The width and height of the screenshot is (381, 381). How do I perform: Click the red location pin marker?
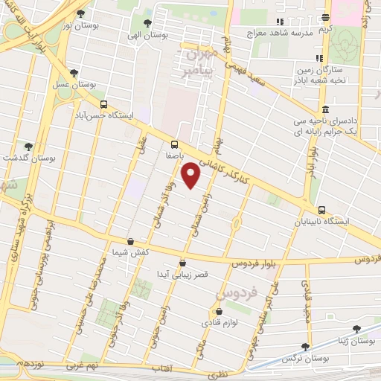coord(191,175)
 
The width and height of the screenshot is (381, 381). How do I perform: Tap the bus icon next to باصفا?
coord(175,144)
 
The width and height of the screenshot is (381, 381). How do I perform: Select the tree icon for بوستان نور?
coord(81,13)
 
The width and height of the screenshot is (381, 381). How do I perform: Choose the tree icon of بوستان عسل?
coord(74,73)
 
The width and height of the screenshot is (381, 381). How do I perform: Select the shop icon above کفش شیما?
coord(131,242)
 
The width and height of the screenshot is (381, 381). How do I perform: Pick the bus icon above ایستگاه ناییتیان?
coord(321,210)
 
